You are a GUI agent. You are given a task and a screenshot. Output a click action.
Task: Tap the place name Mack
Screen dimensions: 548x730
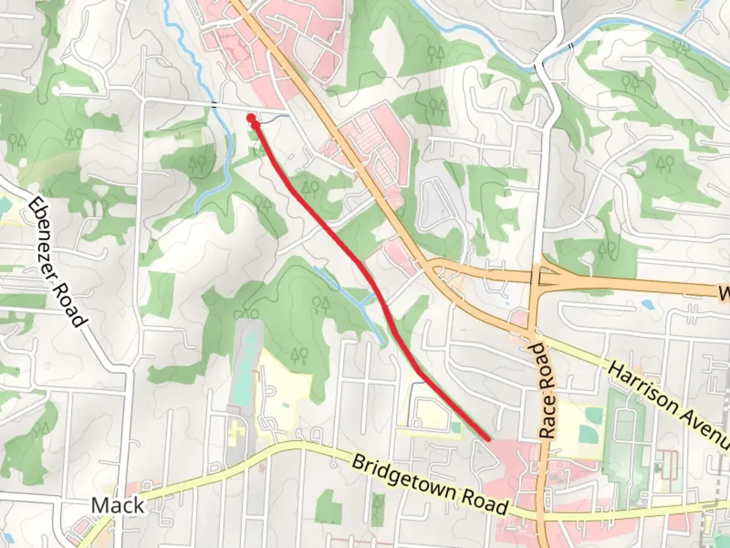coord(118,505)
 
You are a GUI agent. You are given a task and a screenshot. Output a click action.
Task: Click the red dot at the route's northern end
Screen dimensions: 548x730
coord(251,118)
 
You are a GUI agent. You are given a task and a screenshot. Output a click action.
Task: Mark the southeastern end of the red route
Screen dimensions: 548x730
coord(488,439)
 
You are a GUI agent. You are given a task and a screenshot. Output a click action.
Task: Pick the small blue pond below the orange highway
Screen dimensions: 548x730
coord(647,304)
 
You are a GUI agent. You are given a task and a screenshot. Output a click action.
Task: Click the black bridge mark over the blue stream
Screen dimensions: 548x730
coord(215,105)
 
